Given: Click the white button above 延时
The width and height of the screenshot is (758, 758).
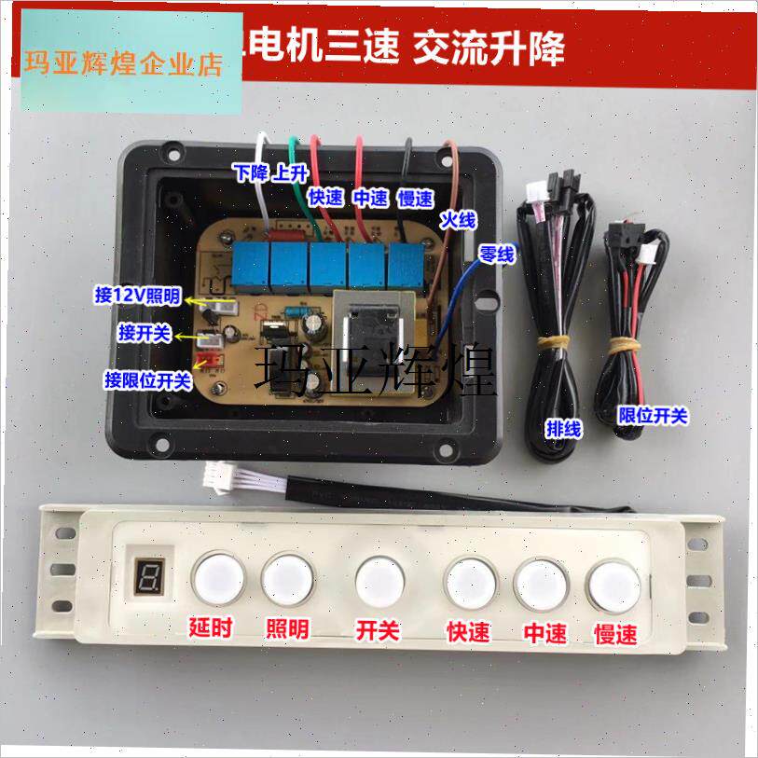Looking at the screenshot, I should pos(216,578).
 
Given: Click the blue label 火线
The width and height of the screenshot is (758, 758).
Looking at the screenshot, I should pos(458,220).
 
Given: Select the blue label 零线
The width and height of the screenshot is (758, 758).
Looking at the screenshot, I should pos(495,255).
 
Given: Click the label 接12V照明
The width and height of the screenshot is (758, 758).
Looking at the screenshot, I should pos(139,296).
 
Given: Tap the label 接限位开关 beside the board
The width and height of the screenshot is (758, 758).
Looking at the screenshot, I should pos(147,379).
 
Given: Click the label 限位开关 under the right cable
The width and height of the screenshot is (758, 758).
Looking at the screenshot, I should pos(654,415).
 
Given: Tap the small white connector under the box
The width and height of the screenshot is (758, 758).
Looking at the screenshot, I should pos(224,478).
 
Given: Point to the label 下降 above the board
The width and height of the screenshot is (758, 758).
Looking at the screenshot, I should pos(250,172).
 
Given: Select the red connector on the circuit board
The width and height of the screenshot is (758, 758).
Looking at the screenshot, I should pos(209,362).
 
